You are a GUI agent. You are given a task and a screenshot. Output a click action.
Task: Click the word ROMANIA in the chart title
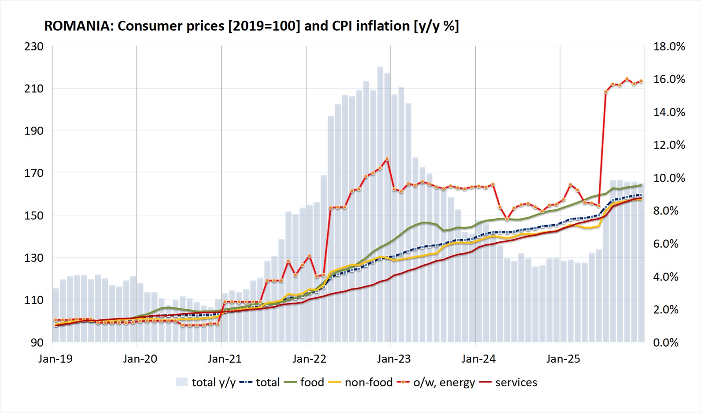[77, 26]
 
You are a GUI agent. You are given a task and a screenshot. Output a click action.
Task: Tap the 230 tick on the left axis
[34, 46]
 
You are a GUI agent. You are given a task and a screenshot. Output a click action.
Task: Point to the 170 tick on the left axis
[34, 173]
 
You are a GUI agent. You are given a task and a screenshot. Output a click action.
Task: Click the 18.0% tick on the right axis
[669, 46]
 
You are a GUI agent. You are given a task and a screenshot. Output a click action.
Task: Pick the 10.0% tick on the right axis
[669, 178]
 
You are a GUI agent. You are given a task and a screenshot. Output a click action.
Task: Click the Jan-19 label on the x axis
[55, 359]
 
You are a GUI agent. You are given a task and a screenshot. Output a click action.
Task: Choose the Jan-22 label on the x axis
[309, 359]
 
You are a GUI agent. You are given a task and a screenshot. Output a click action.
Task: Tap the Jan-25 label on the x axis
[563, 359]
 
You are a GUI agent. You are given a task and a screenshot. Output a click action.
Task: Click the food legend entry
[312, 382]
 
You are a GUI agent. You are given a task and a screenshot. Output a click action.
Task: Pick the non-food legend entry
[369, 382]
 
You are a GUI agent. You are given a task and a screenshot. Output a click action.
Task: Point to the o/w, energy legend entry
[444, 382]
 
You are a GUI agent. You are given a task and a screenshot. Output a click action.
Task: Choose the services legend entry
[516, 382]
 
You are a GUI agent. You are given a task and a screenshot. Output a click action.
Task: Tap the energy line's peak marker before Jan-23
[387, 159]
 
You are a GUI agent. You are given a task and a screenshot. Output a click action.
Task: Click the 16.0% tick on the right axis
[669, 79]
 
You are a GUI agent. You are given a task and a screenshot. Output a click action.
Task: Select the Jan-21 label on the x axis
[225, 359]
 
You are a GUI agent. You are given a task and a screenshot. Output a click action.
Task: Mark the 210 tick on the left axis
[34, 88]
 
